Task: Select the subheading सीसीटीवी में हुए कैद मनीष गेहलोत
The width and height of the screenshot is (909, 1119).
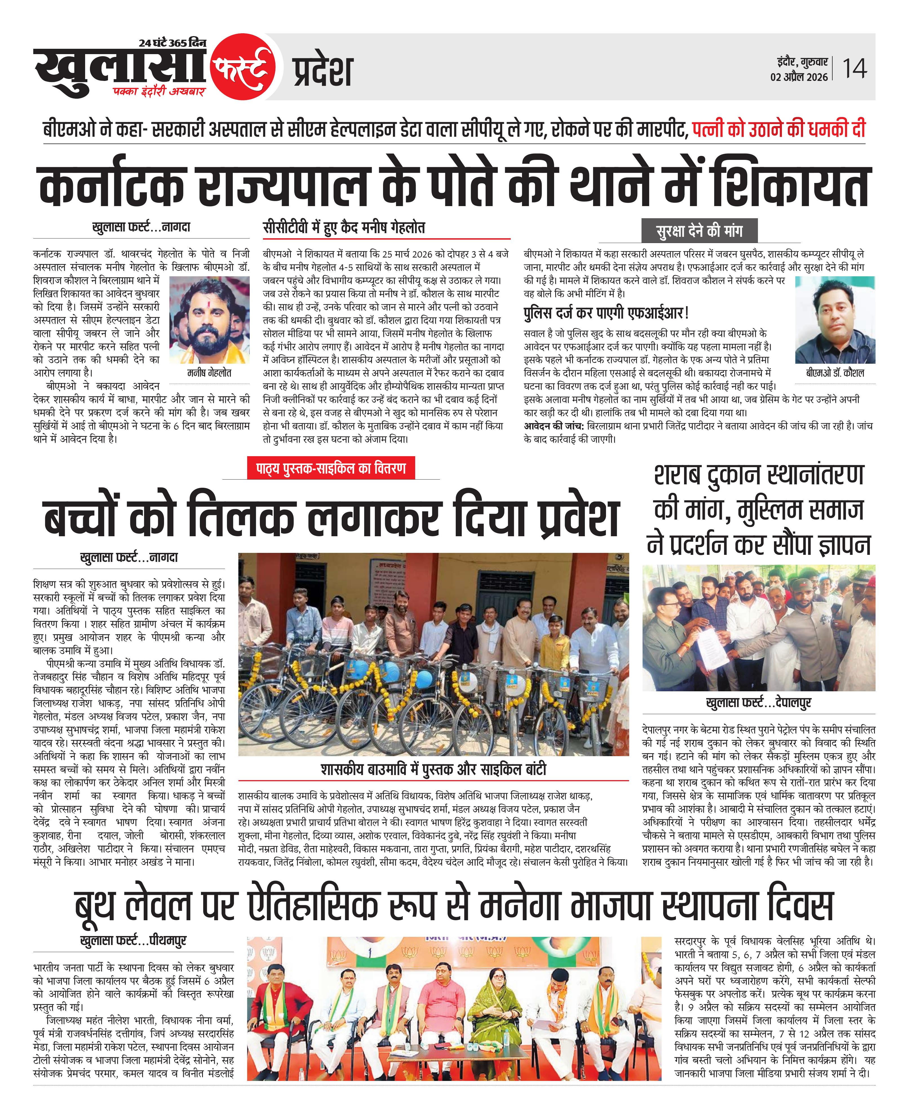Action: (344, 228)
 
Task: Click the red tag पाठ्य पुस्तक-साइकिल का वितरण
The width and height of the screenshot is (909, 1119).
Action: (331, 468)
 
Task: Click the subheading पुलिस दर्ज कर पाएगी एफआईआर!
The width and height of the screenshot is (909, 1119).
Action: (606, 313)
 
